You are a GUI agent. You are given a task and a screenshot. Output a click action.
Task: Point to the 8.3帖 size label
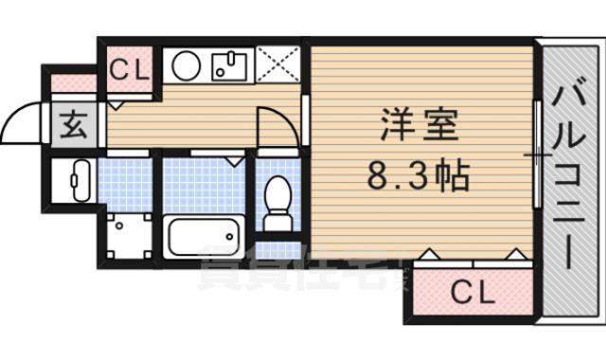click(x=419, y=174)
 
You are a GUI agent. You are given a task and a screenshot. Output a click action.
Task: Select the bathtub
click(x=205, y=237)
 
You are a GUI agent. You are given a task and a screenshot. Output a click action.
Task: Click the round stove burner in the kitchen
click(x=187, y=66)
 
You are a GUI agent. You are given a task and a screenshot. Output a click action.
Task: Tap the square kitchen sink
click(x=228, y=67)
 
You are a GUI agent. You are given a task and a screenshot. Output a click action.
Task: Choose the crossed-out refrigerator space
click(x=277, y=66)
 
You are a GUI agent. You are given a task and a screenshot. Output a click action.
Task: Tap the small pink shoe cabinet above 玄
click(x=72, y=82)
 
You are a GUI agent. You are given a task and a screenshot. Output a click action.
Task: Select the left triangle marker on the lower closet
click(x=427, y=253)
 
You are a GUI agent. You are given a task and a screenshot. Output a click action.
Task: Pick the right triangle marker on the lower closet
click(x=515, y=253)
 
